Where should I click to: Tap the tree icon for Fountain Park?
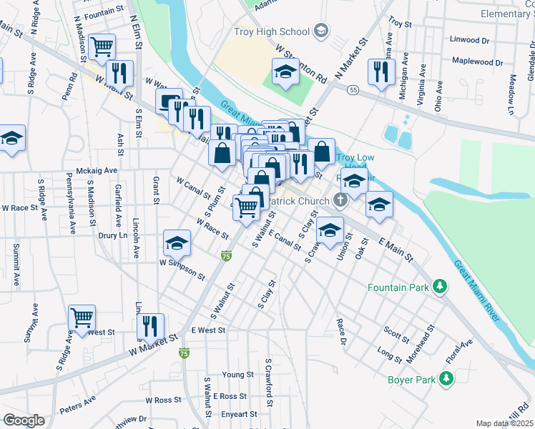pyautogui.click(x=441, y=287)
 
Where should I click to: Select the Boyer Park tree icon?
pyautogui.click(x=447, y=378)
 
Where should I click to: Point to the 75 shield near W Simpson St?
pyautogui.click(x=226, y=256)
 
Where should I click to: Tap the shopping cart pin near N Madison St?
pyautogui.click(x=103, y=47)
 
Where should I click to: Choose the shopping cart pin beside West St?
pyautogui.click(x=82, y=318)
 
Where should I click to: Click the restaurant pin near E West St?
pyautogui.click(x=150, y=326)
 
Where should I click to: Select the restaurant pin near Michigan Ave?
pyautogui.click(x=380, y=71)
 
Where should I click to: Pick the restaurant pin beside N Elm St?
pyautogui.click(x=119, y=73)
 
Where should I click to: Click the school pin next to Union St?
pyautogui.click(x=330, y=230)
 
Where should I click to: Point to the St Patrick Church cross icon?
pyautogui.click(x=340, y=201)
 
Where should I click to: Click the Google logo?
pyautogui.click(x=24, y=420)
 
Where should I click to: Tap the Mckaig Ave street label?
pyautogui.click(x=97, y=172)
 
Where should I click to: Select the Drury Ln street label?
pyautogui.click(x=113, y=235)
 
